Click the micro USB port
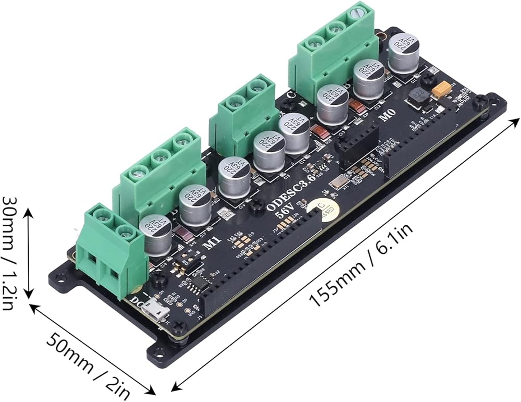(x=157, y=311)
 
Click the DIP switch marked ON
(x=188, y=261)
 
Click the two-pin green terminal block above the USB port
(x=109, y=250)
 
